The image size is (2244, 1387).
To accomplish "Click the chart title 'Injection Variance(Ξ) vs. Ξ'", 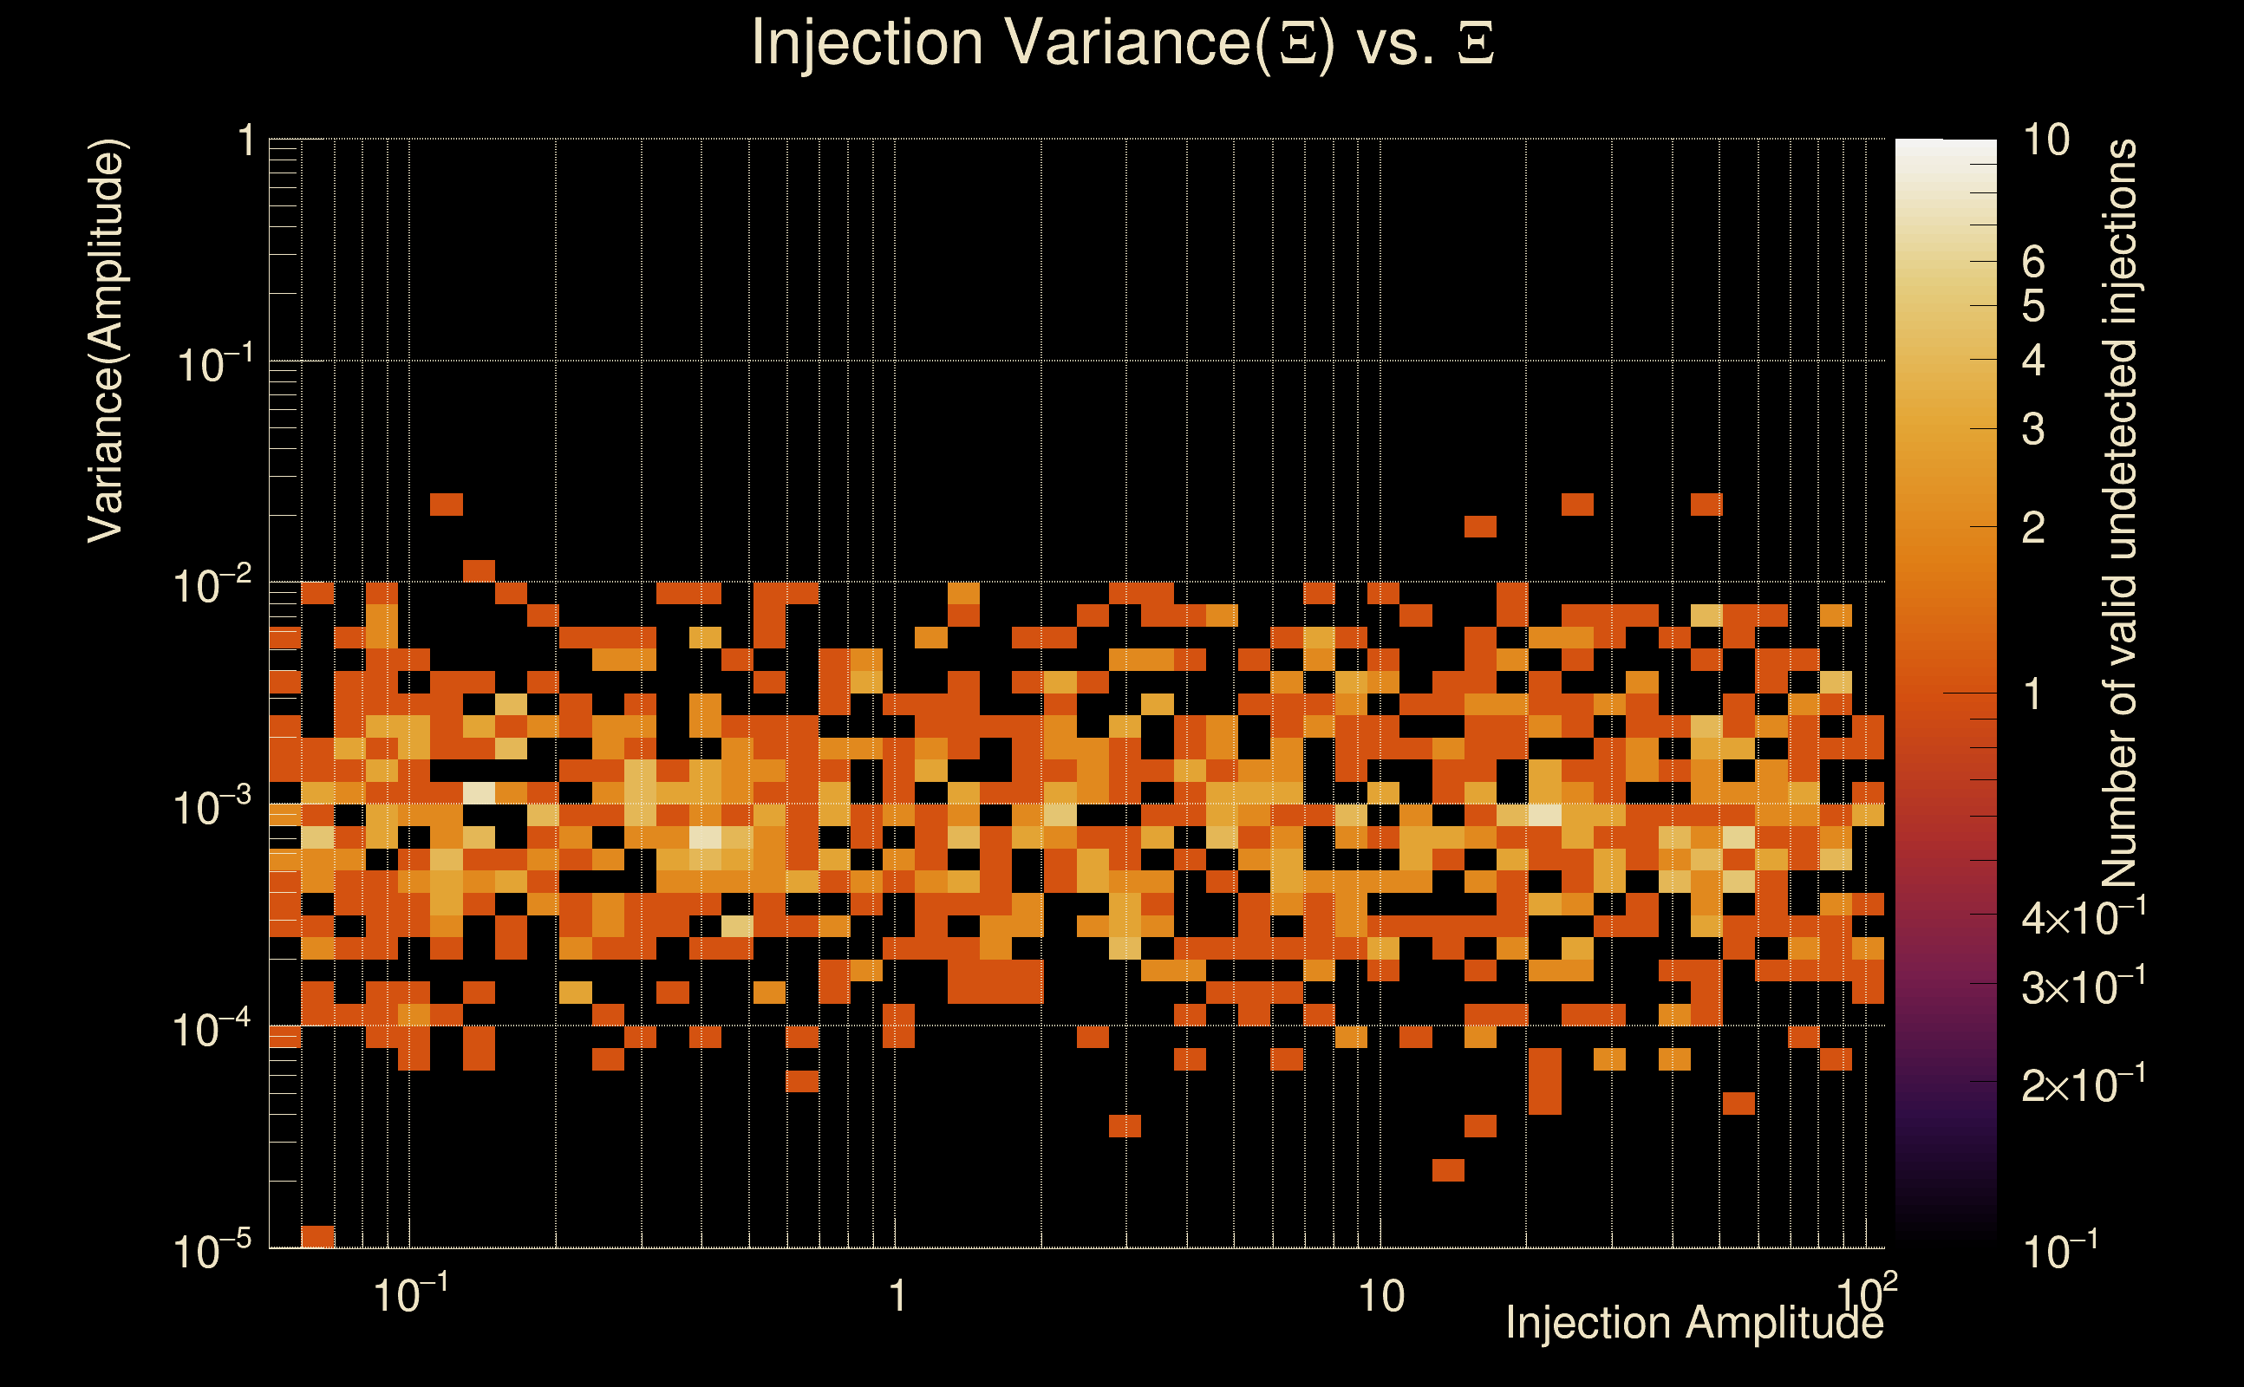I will click(1122, 42).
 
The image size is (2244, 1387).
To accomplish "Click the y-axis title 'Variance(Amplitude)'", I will click(106, 342).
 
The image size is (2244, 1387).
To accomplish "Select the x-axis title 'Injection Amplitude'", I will click(1693, 1323).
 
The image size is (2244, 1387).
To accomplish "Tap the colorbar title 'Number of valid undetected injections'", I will click(2118, 514).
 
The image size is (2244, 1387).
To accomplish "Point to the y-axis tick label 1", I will click(245, 142).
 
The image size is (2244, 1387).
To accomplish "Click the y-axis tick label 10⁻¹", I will click(212, 365).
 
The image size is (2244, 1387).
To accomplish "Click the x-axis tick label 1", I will click(897, 1296).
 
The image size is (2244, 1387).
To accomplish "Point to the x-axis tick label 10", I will click(1380, 1296).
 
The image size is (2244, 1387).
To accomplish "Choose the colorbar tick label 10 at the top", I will click(2045, 140).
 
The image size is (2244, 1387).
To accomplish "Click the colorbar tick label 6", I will click(2033, 263).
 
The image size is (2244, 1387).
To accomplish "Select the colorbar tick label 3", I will click(2033, 429).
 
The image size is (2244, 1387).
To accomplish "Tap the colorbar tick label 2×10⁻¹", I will click(2083, 1085).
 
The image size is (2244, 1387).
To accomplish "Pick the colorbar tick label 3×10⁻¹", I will click(2083, 987).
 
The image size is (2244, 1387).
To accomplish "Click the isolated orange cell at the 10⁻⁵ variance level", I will click(317, 1235).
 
